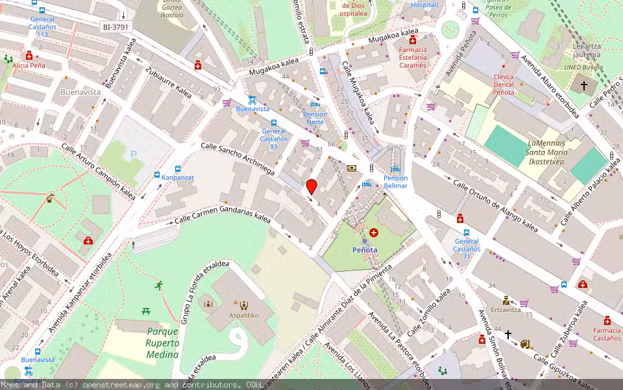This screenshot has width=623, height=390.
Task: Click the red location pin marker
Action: tap(311, 187)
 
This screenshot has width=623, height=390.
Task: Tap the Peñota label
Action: tap(363, 250)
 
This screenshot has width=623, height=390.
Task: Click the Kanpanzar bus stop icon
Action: tap(157, 175)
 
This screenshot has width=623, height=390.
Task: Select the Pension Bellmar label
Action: tap(395, 182)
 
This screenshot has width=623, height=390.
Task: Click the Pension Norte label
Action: tap(315, 118)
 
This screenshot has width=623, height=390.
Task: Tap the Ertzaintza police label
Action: tap(506, 310)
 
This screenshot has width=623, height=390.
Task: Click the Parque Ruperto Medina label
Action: tap(162, 342)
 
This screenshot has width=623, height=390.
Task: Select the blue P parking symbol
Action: tap(134, 155)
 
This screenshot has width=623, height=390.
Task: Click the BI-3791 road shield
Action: tap(116, 27)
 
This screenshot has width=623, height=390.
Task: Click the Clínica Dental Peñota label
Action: tap(504, 84)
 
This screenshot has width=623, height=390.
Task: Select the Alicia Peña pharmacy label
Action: tap(29, 66)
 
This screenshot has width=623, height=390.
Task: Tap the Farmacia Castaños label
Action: tap(607, 334)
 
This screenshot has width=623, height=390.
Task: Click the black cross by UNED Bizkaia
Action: tap(583, 85)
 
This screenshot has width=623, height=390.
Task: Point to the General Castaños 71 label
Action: tap(467, 245)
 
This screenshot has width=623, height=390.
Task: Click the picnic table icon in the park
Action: tap(146, 311)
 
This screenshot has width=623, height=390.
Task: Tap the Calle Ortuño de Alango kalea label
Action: tap(496, 205)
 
